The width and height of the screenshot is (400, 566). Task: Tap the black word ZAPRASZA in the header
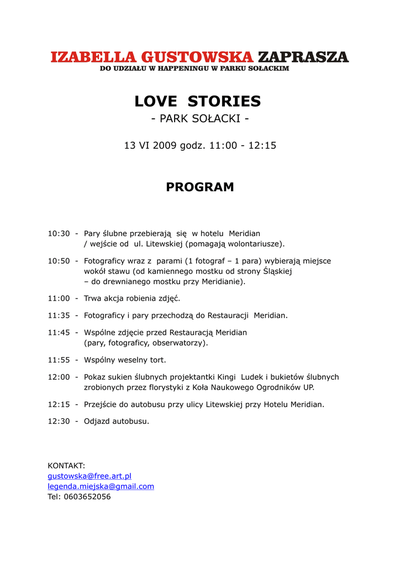coord(303,57)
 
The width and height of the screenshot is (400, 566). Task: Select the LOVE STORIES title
coord(198,101)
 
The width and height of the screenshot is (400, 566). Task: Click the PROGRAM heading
coord(200,187)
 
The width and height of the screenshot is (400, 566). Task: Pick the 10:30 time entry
coord(59,234)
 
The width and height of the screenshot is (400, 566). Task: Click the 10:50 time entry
coord(59,261)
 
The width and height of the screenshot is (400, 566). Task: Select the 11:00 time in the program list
coord(59,298)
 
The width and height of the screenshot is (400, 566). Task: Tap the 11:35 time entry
coord(59,316)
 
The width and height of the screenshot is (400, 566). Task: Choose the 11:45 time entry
coord(59,333)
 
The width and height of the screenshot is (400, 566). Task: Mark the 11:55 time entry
coord(59,360)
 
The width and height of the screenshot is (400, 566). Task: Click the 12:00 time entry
coord(59,377)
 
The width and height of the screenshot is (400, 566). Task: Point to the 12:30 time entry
coord(59,421)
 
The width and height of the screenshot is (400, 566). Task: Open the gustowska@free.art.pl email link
coord(90,476)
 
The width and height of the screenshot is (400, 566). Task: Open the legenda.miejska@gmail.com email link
coord(101,486)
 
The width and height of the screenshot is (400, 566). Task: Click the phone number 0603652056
coord(87,497)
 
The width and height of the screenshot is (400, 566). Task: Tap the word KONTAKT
coord(66,466)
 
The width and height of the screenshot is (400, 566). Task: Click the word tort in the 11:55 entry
coord(158,360)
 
